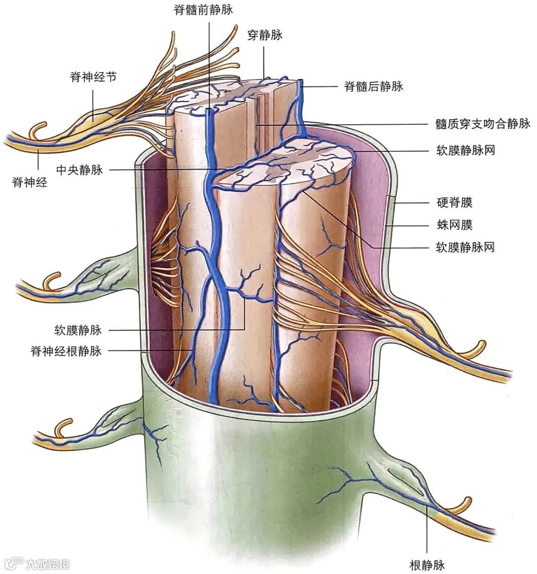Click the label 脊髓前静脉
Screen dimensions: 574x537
click(203, 10)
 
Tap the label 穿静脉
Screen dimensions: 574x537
click(265, 35)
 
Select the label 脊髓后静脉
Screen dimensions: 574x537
click(373, 86)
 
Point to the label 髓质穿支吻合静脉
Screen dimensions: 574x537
click(483, 124)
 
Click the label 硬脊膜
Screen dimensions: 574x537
click(454, 202)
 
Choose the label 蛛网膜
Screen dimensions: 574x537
click(454, 225)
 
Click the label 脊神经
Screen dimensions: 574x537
click(30, 182)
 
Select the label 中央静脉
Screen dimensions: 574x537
click(80, 170)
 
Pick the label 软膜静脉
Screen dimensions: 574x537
click(78, 329)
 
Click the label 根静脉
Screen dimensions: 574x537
click(427, 565)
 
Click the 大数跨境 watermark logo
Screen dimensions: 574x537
click(37, 564)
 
